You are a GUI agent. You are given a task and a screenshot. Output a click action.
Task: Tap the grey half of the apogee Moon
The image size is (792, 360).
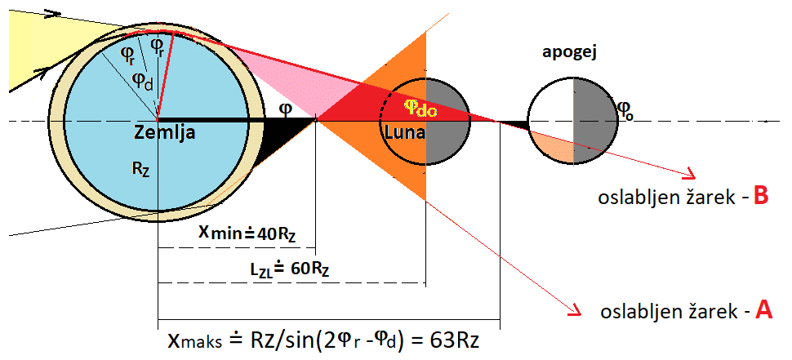592,114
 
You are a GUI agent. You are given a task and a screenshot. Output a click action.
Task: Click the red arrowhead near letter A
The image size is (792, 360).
576,309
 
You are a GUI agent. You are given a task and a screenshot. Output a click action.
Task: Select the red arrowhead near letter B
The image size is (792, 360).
690,175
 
